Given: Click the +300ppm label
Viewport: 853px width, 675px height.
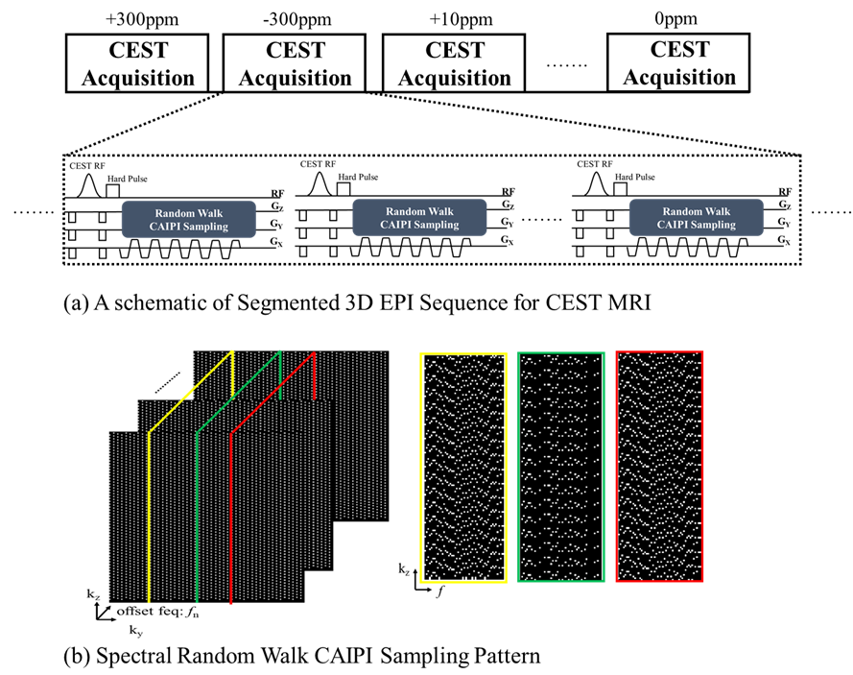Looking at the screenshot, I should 136,16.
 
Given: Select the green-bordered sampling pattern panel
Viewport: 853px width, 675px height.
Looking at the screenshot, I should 561,467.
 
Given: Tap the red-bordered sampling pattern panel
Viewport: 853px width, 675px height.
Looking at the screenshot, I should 659,467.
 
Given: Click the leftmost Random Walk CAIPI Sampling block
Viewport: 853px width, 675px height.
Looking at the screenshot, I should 189,218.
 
